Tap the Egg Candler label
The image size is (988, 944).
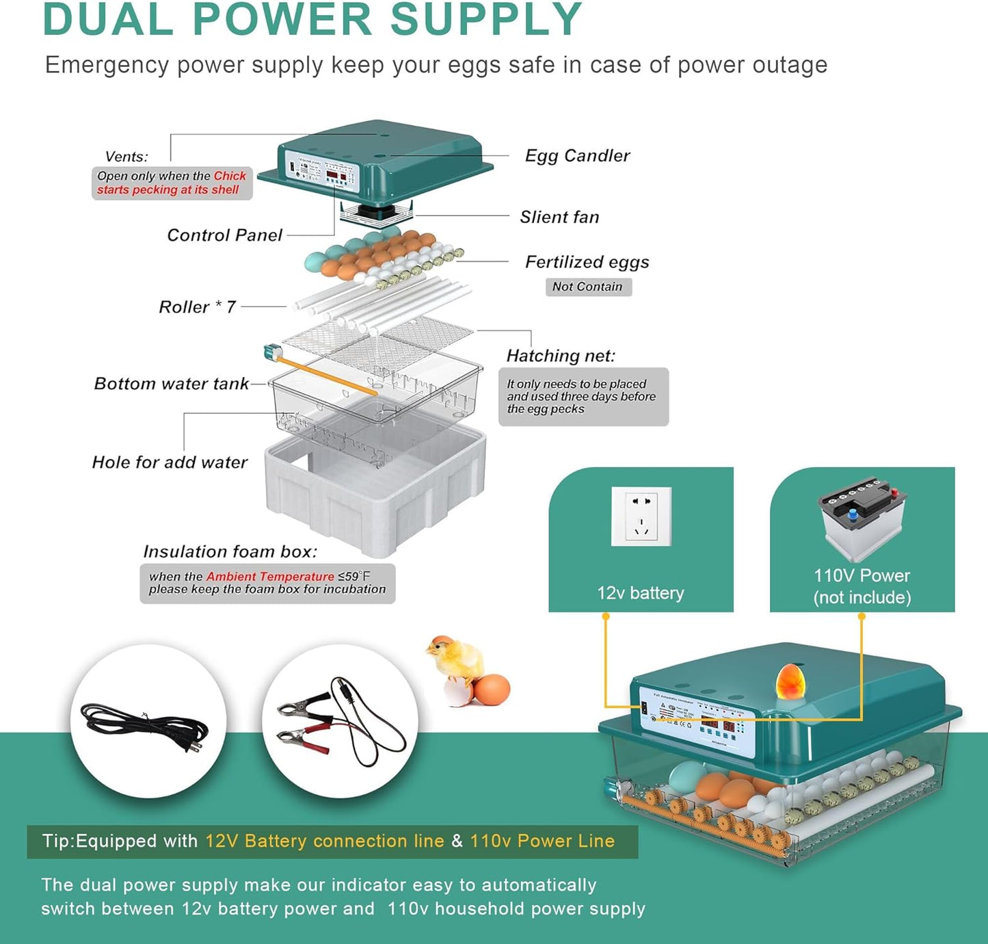pyautogui.click(x=577, y=156)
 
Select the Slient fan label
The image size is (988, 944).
pyautogui.click(x=559, y=218)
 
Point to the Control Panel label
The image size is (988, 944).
pyautogui.click(x=224, y=235)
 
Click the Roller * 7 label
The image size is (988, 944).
pyautogui.click(x=197, y=307)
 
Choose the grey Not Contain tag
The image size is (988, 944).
pyautogui.click(x=588, y=287)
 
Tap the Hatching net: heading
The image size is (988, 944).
pyautogui.click(x=561, y=356)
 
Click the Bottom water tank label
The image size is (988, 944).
pyautogui.click(x=171, y=384)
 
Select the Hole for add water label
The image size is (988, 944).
pyautogui.click(x=170, y=462)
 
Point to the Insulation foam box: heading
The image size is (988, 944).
pyautogui.click(x=230, y=551)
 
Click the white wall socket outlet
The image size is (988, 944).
pyautogui.click(x=641, y=516)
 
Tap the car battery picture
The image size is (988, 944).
pyautogui.click(x=862, y=517)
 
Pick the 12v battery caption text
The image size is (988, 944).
pyautogui.click(x=640, y=593)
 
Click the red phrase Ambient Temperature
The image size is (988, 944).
pyautogui.click(x=270, y=577)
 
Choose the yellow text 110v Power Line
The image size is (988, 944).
pyautogui.click(x=542, y=841)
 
